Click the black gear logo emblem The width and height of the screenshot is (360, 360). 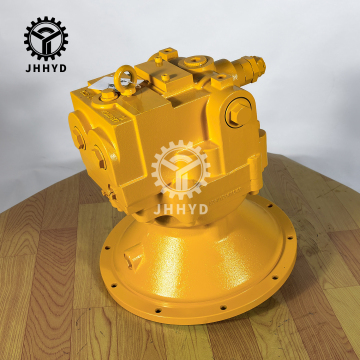click(x=46, y=38)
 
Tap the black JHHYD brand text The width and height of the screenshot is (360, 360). click(x=46, y=68)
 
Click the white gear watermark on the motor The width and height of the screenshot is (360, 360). click(x=180, y=170)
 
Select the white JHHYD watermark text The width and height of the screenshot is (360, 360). click(x=181, y=209)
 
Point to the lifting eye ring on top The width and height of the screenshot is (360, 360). click(x=125, y=79)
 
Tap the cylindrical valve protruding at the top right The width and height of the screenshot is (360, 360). click(x=248, y=69)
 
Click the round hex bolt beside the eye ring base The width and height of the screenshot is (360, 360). click(x=108, y=96)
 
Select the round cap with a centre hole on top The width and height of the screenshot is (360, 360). click(x=194, y=62)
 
